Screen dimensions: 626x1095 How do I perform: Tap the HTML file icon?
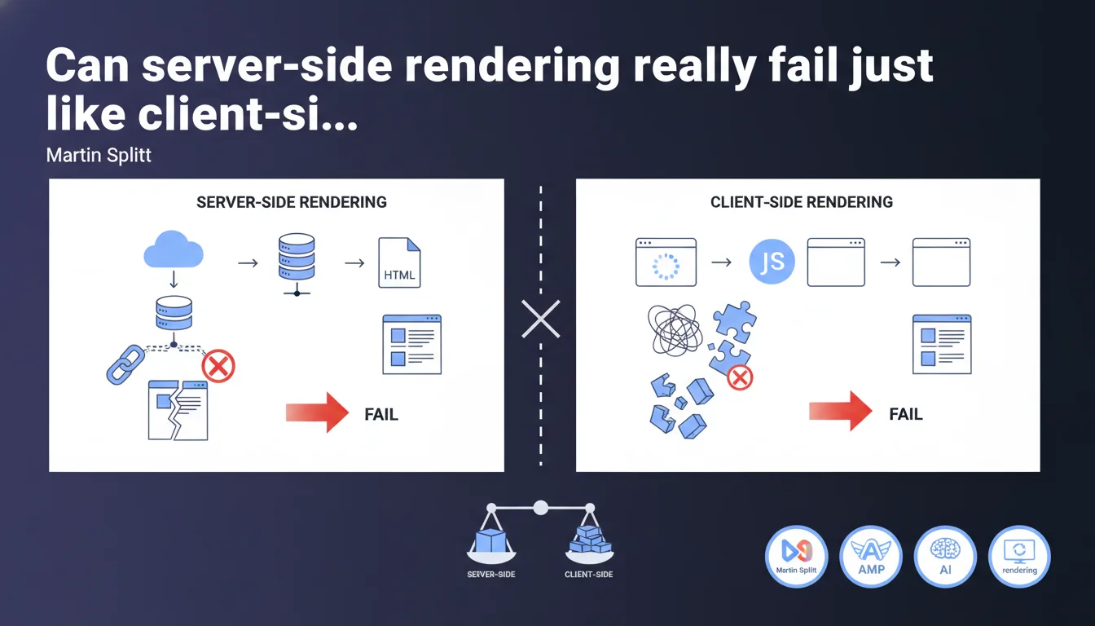coord(399,262)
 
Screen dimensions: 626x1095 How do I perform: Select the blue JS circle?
coord(771,262)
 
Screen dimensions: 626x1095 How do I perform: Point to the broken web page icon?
coord(178,410)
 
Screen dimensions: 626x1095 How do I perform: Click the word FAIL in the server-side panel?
coord(380,414)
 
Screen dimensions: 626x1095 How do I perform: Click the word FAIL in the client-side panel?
coord(905,414)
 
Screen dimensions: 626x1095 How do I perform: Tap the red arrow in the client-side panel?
coord(840,411)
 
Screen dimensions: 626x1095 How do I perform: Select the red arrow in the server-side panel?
coord(317,411)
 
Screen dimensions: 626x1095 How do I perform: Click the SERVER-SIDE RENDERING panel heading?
coord(292,202)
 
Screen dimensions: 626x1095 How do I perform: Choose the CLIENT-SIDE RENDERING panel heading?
coord(802,202)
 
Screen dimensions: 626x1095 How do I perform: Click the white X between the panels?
coord(541,319)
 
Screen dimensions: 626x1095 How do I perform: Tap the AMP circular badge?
coord(871,556)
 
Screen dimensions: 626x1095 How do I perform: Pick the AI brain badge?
coord(945,556)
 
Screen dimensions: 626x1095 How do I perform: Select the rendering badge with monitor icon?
coord(1019,556)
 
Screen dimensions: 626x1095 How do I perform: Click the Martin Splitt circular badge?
coord(797,556)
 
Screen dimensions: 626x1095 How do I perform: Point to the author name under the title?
coord(99,155)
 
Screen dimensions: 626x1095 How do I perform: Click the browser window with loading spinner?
coord(666,262)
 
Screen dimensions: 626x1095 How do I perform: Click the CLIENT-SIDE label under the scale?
coord(588,575)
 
